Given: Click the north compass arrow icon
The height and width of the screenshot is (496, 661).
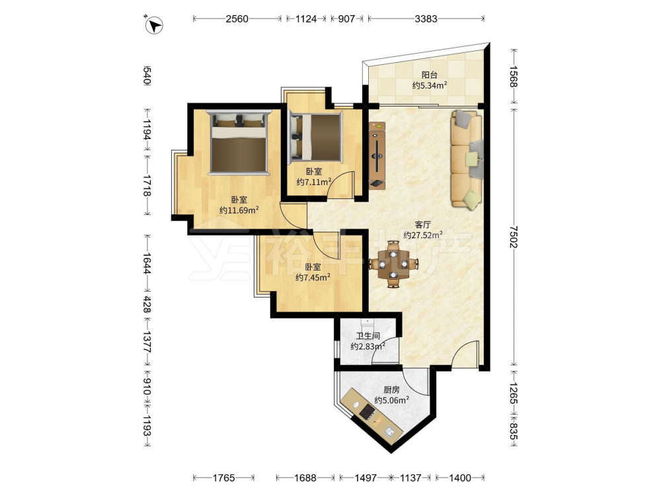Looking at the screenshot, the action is pos(154,25).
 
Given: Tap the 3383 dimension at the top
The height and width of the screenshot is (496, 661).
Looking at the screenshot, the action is pos(426,19).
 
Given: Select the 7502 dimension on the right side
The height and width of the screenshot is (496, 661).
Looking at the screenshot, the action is pos(513,237).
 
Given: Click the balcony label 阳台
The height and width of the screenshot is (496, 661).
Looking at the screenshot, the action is pos(429,75).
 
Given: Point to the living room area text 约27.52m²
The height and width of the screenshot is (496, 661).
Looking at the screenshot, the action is pos(423,235).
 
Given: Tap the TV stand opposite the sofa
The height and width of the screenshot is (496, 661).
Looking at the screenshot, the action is pos(377,155).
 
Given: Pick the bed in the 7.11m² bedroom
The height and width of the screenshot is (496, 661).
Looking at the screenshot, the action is pos(315,138).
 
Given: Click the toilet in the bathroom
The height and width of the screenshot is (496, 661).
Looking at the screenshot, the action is pos(368,323).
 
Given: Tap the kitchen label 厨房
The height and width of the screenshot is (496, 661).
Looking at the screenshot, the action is pos(391,390).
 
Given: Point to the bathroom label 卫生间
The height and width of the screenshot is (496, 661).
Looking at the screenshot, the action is pos(368,336).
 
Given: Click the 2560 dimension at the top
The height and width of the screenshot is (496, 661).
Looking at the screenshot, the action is pos(237,19).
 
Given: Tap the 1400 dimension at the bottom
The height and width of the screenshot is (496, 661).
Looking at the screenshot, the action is pos(459,478).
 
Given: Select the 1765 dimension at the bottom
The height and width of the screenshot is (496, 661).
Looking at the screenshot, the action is pos(223,478).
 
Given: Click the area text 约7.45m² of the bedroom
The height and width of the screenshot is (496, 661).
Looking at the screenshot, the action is pos(313,277).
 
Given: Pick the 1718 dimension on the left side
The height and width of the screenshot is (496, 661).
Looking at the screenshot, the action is pos(147,186).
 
